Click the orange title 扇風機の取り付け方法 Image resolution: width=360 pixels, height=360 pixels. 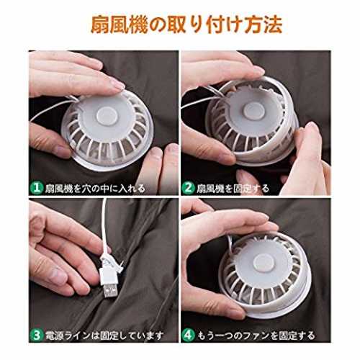coord(186,24)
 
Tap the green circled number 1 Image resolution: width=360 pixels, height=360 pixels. coord(37,188)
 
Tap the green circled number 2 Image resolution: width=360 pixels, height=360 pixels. coord(188,188)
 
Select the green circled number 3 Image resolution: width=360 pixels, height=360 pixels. coord(37,335)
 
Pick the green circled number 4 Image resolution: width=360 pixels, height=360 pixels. coord(188,335)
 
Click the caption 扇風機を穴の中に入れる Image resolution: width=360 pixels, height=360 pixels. coord(95,189)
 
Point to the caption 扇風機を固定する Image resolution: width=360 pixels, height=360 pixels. coord(233,189)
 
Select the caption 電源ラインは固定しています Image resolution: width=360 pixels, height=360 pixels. coord(104,336)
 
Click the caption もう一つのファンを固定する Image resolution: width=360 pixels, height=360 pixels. coord(256,336)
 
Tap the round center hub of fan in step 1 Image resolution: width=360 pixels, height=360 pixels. coord(107,116)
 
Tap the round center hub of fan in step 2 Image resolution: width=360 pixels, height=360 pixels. coord(254,112)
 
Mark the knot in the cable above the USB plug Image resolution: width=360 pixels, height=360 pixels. coord(109,261)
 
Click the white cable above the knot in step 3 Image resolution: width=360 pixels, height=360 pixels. coord(104,225)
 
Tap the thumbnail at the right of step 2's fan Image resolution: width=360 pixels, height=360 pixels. coord(312,128)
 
